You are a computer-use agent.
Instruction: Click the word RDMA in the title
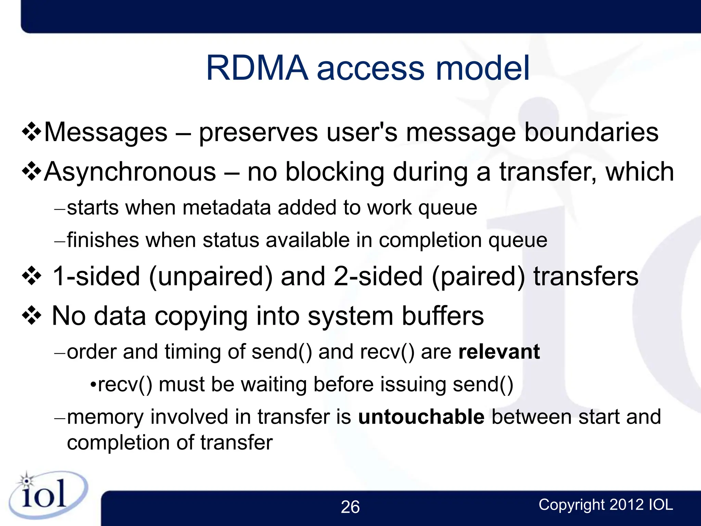257,68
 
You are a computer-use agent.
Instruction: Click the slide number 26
350,507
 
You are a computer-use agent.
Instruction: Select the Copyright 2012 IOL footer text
606,505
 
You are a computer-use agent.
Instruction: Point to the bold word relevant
499,352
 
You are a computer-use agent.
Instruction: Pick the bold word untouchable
421,417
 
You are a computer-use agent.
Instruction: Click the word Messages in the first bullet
106,133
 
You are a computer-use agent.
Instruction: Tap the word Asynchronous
130,172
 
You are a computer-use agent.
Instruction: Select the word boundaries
591,133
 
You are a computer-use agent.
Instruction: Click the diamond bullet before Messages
32,133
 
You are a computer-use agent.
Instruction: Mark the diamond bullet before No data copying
32,316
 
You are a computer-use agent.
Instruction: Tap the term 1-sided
96,276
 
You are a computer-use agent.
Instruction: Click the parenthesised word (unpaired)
211,276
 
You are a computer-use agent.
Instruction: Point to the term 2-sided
378,276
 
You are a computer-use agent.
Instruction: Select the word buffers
443,316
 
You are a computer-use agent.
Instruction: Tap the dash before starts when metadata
60,209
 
